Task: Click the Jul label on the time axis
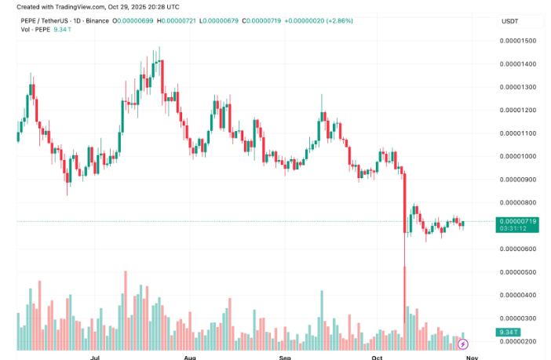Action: coord(95,356)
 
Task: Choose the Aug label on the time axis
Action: coord(189,356)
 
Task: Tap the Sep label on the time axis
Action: coord(286,356)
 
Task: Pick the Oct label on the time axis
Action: coord(377,356)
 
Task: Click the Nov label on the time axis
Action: coord(470,356)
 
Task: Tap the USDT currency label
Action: coord(510,20)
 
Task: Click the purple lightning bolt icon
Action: coord(463,344)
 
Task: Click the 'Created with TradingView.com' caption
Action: coord(62,5)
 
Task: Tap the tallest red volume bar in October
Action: coord(405,306)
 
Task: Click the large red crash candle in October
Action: coord(405,200)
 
